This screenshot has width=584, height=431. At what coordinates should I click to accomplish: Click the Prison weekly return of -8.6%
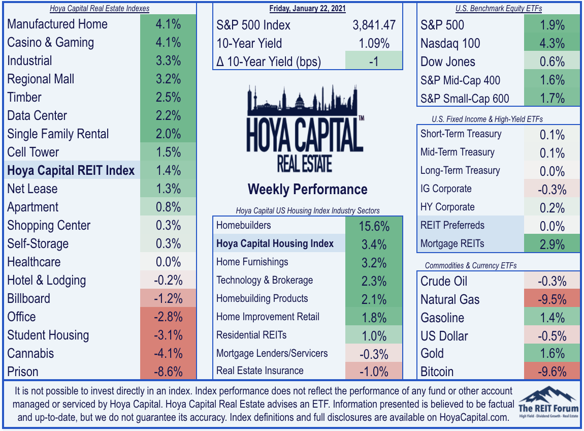[169, 372]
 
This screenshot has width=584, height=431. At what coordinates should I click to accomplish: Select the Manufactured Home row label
[57, 24]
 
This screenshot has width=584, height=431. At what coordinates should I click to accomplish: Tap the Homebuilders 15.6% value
[374, 226]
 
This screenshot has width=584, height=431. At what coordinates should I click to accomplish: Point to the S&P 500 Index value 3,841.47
[374, 25]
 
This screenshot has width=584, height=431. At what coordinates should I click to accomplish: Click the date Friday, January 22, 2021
[308, 8]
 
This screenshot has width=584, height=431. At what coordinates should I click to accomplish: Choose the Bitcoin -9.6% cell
[552, 372]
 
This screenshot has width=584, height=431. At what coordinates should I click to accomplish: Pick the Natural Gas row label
[450, 299]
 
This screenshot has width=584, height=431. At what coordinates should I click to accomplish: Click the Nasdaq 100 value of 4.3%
[552, 43]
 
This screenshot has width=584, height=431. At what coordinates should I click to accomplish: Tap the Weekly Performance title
[308, 190]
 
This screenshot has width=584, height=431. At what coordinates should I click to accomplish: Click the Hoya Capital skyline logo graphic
[305, 129]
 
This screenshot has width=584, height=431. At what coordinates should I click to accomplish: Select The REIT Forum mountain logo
[548, 403]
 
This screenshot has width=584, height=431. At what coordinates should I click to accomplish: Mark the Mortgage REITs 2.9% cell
[552, 244]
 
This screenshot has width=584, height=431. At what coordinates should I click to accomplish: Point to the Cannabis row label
[30, 353]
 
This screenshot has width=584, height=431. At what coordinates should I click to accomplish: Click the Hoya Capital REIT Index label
[71, 170]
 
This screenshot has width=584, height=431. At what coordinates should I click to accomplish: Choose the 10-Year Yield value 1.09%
[374, 43]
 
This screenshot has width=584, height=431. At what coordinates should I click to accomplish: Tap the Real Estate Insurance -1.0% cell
[374, 372]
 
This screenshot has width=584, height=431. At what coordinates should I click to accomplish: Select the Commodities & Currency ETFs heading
[471, 265]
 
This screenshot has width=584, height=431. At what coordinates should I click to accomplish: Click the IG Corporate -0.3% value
[552, 190]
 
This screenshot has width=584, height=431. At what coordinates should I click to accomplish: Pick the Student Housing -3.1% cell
[169, 335]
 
